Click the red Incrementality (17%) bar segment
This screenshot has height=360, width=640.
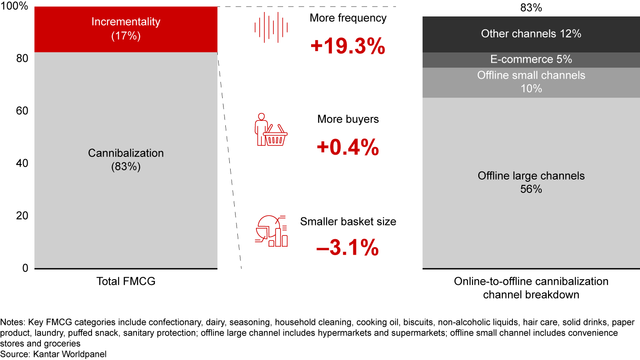click(x=126, y=29)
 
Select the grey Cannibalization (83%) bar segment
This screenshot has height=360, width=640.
click(x=126, y=160)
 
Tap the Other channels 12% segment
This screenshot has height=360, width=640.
click(x=531, y=34)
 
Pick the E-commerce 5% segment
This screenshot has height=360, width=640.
click(x=531, y=60)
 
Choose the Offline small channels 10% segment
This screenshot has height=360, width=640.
click(x=531, y=82)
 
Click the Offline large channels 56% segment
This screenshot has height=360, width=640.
click(x=531, y=182)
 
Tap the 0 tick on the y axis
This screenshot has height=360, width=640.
click(x=25, y=268)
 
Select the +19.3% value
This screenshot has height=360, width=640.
click(x=348, y=46)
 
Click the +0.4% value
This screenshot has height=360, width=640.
click(x=348, y=147)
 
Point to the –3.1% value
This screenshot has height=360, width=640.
click(x=348, y=248)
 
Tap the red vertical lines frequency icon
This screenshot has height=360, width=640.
click(x=271, y=28)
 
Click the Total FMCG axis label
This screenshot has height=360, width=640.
click(x=126, y=281)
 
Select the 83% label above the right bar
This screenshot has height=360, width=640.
click(x=531, y=8)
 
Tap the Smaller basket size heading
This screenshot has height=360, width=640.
click(x=348, y=222)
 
